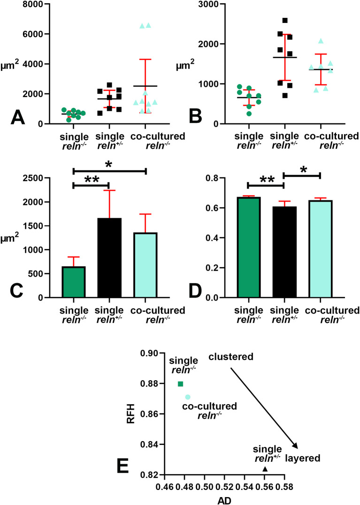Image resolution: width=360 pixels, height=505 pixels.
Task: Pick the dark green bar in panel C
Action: pos(73,282)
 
